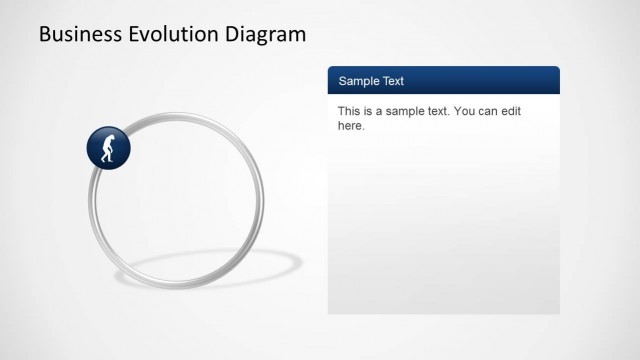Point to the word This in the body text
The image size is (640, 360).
point(349,112)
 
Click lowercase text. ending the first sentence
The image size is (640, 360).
point(439,112)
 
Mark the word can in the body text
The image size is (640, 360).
point(493,112)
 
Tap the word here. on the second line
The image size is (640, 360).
point(351,127)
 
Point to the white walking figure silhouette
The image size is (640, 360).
point(109,147)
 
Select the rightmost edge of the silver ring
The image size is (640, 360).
point(262,200)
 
